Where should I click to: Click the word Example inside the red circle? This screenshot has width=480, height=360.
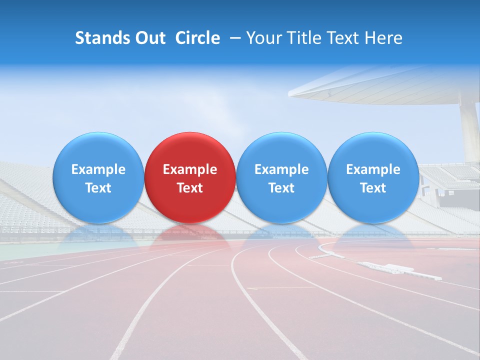(x=190, y=169)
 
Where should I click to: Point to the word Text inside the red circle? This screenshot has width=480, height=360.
(x=190, y=188)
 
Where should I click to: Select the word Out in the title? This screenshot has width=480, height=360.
(x=149, y=38)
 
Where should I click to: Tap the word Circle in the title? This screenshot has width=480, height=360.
(x=197, y=38)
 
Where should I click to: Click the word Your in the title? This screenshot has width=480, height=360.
(x=263, y=38)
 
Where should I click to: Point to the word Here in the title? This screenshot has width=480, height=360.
(x=384, y=38)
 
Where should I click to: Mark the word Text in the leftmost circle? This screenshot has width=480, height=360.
(x=98, y=188)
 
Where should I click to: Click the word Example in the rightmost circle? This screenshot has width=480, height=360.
(x=373, y=169)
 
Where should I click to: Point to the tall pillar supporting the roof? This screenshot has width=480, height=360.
(x=470, y=130)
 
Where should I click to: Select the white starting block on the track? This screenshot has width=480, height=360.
(x=400, y=270)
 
